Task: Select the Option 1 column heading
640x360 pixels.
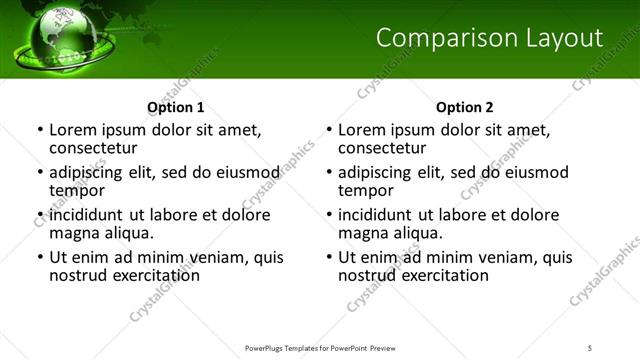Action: point(176,107)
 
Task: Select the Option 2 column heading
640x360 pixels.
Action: point(465,107)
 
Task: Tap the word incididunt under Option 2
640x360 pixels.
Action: point(380,215)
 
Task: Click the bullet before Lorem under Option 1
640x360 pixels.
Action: point(39,131)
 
